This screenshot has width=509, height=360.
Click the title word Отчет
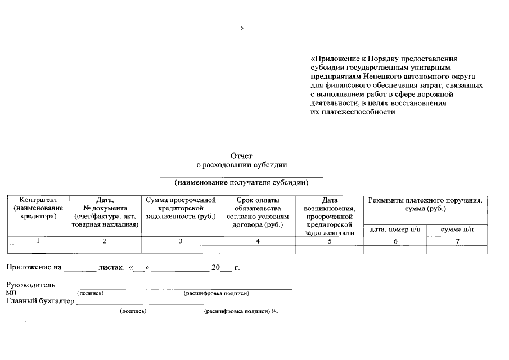click(242, 156)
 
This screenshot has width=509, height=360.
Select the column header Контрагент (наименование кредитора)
click(38, 208)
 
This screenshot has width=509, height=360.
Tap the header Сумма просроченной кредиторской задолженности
click(181, 208)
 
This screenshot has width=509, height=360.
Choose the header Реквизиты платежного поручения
click(425, 204)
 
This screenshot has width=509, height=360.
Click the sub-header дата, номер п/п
click(395, 229)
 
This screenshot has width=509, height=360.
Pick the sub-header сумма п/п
click(457, 229)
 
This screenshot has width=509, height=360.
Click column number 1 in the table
click(38, 241)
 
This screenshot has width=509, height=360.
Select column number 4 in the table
click(258, 241)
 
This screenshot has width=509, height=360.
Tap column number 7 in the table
click(457, 241)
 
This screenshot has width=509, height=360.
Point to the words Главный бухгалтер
click(40, 301)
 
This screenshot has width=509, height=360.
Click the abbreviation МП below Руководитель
click(11, 293)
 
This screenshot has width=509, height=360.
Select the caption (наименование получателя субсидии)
click(242, 182)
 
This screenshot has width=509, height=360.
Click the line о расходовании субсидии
click(242, 165)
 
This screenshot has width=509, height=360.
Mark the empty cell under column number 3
click(181, 249)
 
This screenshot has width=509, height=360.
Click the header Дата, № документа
click(105, 212)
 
